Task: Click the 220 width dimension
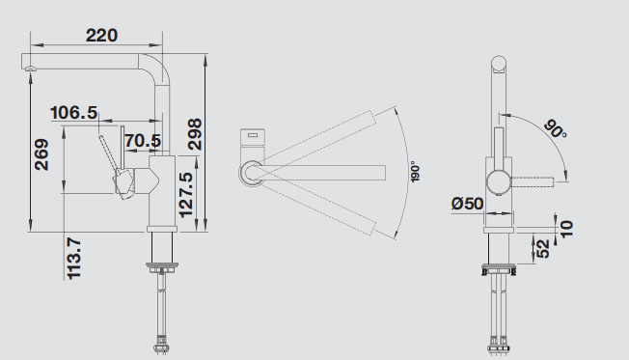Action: click(101, 36)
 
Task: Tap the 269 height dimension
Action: click(41, 154)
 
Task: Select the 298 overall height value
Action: click(195, 134)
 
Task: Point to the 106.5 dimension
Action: click(74, 113)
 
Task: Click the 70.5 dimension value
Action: click(143, 141)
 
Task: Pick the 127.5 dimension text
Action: click(186, 195)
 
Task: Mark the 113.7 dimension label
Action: click(74, 259)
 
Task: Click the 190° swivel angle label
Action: click(415, 173)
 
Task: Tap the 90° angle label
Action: click(556, 129)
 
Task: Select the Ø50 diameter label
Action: click(467, 204)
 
